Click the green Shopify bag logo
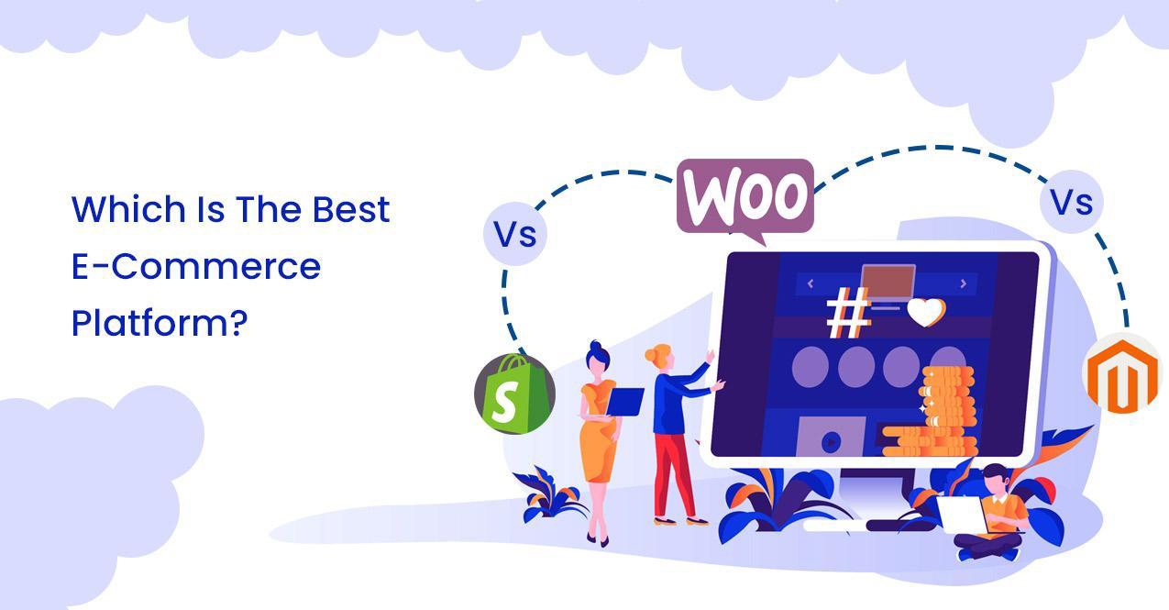514,394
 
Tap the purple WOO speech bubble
744,197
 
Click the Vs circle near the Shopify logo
514,234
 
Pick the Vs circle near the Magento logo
1071,202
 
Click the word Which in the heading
128,210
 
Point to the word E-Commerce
196,267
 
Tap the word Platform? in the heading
160,324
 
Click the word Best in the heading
351,210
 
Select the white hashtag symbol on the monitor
848,314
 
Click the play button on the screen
831,441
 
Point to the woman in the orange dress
598,431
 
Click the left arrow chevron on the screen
810,284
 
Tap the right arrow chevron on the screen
964,284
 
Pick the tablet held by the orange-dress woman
627,401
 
